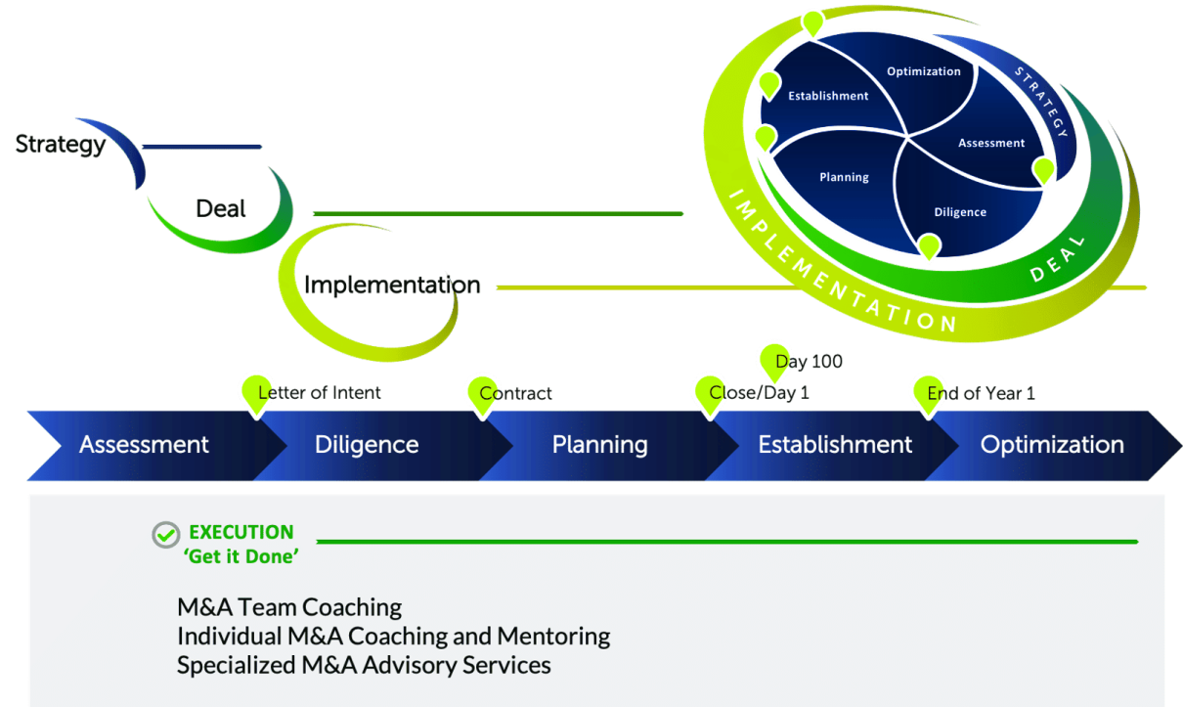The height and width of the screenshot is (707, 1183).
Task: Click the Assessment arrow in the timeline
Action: tap(144, 445)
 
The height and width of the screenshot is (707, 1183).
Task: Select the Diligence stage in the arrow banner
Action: tap(367, 445)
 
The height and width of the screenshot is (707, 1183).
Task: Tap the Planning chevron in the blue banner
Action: tap(599, 445)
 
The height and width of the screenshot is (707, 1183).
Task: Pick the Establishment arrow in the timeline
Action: tap(835, 445)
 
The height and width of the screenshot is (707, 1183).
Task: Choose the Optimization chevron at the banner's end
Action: tap(1052, 445)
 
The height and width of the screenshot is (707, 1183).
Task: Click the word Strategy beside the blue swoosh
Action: tap(61, 145)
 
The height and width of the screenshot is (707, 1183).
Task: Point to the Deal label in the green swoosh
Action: tap(220, 208)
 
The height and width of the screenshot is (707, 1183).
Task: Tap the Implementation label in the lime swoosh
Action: tap(392, 286)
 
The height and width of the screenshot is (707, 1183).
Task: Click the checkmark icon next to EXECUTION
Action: tap(166, 534)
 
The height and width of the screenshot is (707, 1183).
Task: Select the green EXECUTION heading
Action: tap(241, 532)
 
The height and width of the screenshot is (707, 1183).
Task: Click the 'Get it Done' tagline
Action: tap(241, 556)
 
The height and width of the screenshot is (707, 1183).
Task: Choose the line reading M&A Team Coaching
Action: tap(289, 607)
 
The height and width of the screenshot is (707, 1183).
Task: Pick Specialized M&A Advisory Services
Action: tap(364, 665)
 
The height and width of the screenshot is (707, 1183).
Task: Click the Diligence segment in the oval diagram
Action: tap(960, 212)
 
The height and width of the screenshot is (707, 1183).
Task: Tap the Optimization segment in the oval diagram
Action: tap(923, 71)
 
